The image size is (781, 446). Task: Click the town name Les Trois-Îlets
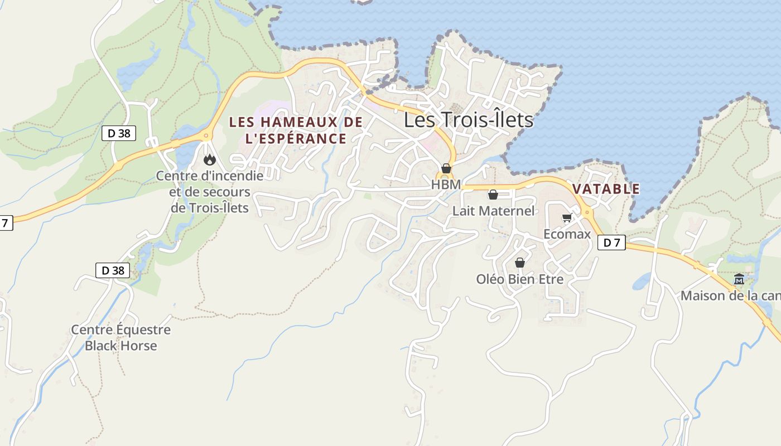[x=468, y=119]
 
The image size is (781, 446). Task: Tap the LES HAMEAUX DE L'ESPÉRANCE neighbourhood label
[x=296, y=130]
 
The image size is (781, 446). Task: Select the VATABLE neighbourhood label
[x=606, y=188]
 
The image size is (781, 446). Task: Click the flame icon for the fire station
[x=210, y=160]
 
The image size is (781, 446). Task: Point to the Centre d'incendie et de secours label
[x=210, y=192]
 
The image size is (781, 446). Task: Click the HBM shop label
[x=446, y=184]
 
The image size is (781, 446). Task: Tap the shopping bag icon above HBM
[x=446, y=168]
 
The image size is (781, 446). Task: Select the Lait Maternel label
[x=493, y=211]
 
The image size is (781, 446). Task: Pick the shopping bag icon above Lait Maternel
[x=493, y=195]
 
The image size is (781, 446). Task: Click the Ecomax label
[x=567, y=234]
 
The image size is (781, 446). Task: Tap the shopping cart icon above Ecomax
[x=567, y=218]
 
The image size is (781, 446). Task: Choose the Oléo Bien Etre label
[x=520, y=279]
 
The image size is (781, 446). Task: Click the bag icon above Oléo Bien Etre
[x=520, y=263]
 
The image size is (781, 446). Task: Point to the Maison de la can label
[x=730, y=295]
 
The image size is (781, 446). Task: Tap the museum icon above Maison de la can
[x=739, y=279]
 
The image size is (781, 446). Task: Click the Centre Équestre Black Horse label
[x=120, y=337]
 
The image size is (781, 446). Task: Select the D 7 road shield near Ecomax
[x=611, y=243]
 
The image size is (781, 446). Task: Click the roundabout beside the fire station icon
[x=206, y=135]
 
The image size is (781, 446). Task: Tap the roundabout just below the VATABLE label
[x=587, y=212]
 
